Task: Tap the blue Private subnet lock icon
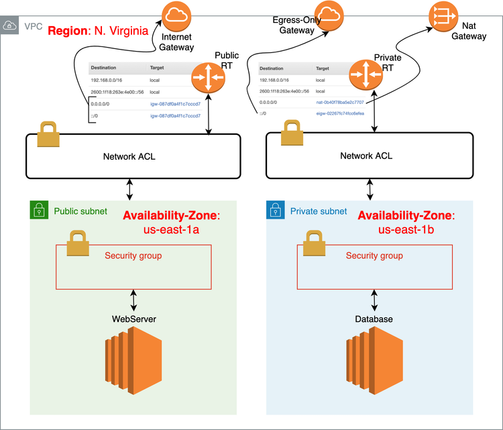point(276,211)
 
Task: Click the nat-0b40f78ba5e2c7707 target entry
point(340,102)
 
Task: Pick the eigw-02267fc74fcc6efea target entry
point(340,114)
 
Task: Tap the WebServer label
point(134,319)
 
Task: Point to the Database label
point(374,319)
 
